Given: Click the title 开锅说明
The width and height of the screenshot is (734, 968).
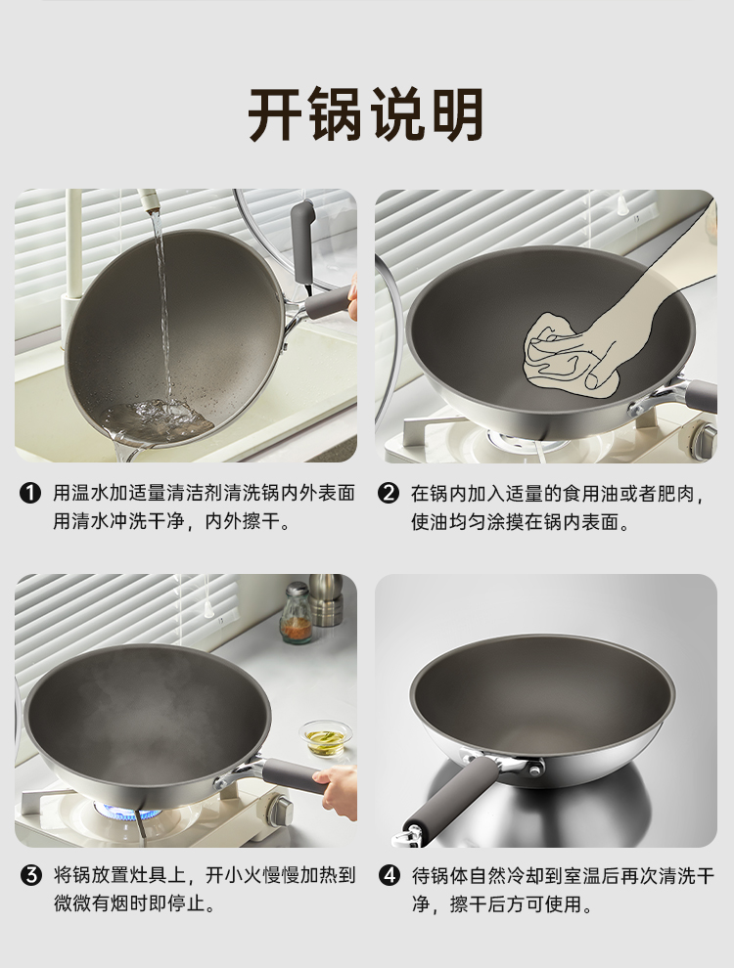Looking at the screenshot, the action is tap(366, 115).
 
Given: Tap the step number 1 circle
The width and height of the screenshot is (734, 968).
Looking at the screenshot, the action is tap(30, 494).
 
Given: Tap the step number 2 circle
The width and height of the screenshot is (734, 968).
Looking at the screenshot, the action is tap(388, 494).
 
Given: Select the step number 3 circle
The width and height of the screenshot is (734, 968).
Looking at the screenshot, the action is tap(30, 875).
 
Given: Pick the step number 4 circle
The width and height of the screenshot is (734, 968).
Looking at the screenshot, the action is tap(389, 875).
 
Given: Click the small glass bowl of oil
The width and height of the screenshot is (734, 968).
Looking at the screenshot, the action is tap(326, 737).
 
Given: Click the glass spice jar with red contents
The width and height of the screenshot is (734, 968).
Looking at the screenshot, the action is tap(297, 614).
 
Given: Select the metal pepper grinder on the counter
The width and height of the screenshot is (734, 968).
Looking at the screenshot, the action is tap(326, 600).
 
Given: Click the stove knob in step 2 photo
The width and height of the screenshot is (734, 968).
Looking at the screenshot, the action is tap(702, 440).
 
